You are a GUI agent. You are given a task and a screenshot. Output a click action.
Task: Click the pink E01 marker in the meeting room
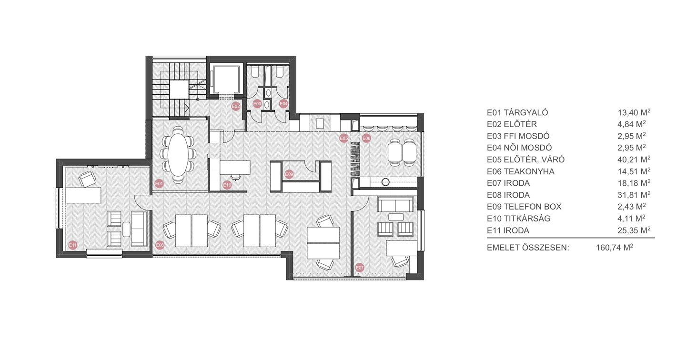(159, 183)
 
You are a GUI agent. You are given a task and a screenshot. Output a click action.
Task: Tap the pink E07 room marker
(360, 268)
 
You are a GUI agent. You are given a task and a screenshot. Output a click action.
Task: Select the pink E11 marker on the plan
(73, 245)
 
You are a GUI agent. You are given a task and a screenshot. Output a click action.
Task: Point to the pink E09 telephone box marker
(289, 174)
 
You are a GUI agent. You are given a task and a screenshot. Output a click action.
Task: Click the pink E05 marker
(344, 139)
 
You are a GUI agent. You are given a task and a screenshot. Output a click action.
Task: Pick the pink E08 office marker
(160, 245)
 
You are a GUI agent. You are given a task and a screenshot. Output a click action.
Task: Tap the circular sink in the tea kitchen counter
(385, 182)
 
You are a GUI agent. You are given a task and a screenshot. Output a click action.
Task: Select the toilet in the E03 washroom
(255, 72)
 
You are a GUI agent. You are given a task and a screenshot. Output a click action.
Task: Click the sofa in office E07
(395, 204)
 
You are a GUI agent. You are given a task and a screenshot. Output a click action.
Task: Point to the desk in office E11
(84, 195)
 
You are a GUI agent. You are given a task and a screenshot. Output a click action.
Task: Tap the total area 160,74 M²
(615, 247)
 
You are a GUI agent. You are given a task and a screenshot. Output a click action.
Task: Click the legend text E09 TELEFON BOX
(525, 207)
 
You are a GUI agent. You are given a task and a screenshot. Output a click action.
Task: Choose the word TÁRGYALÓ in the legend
(526, 112)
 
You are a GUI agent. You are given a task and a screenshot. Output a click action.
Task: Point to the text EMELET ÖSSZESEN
(528, 247)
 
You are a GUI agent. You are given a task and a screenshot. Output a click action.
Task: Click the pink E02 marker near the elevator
(236, 106)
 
